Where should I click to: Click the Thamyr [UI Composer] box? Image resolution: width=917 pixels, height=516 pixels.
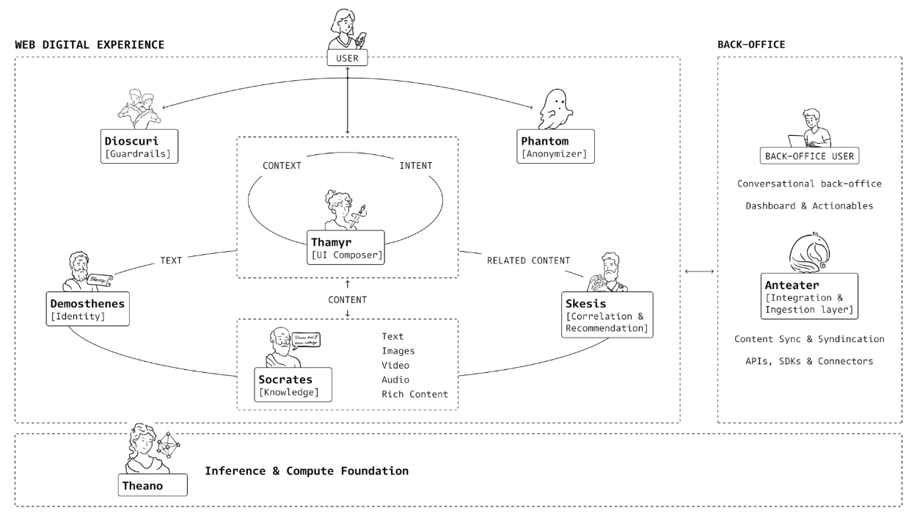346,247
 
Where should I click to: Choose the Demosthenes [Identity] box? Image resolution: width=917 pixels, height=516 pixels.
88,309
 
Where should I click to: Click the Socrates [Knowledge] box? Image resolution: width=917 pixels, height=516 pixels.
290,385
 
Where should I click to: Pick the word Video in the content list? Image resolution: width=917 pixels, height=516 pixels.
395,365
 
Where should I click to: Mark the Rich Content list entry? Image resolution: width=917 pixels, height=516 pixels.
414,394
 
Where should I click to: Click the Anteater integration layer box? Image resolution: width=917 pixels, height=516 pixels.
809,296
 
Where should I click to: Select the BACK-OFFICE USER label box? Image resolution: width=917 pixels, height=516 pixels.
809,157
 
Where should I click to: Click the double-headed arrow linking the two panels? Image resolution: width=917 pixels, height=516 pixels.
698,272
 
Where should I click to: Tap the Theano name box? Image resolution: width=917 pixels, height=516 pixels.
153,484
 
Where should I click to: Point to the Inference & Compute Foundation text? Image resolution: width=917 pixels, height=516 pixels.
306,470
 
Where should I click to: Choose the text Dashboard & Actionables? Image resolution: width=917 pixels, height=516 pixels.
809,206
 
